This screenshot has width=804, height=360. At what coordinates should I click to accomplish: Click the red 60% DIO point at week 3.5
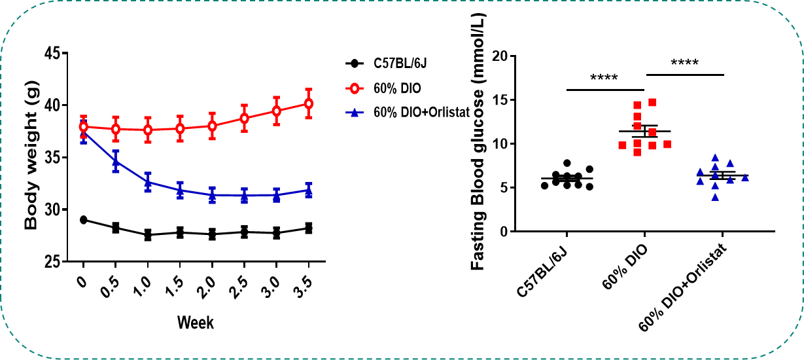(308, 103)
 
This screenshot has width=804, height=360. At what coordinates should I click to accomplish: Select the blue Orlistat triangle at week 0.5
(116, 160)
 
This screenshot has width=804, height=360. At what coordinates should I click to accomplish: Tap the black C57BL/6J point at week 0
(84, 220)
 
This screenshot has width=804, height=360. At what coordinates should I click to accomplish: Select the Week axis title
(196, 323)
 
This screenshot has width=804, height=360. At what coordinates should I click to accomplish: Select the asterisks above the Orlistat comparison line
(684, 63)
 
